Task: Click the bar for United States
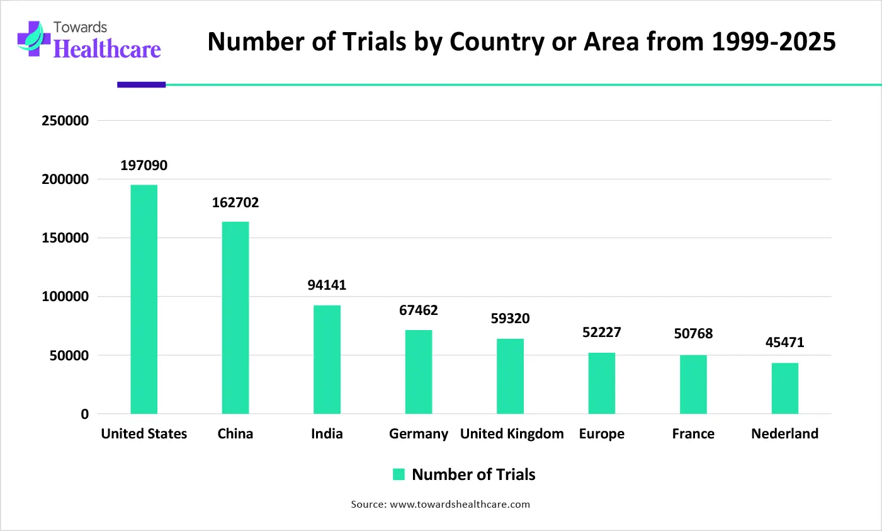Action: (144, 299)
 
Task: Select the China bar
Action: (235, 317)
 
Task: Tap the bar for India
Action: (327, 360)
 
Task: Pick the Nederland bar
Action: (785, 388)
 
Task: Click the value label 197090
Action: (144, 166)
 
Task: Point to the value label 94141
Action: (327, 285)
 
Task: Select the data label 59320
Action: (510, 319)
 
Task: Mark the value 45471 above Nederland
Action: (785, 343)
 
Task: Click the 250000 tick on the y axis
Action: (65, 121)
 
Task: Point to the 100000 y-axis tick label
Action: (65, 297)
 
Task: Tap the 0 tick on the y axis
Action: (84, 414)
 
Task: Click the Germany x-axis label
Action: (419, 434)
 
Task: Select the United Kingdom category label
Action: (512, 434)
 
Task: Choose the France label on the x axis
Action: (693, 434)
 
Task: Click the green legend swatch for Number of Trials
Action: (399, 475)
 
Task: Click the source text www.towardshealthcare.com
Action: (460, 505)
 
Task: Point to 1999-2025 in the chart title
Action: (774, 42)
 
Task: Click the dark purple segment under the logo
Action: (142, 84)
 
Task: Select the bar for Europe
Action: (602, 383)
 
